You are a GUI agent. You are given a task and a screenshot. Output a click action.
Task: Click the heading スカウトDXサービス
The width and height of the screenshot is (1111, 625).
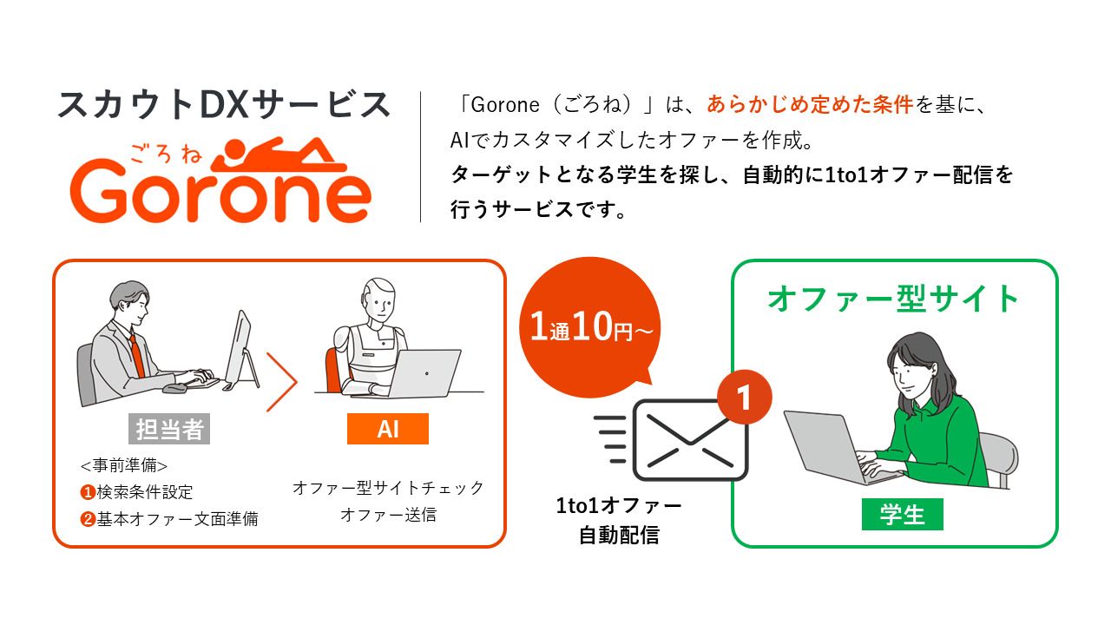point(224,105)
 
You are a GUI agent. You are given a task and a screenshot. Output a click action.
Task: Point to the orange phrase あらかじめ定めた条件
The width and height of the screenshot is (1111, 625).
point(810,105)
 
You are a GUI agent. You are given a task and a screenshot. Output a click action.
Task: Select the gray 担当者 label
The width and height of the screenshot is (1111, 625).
point(170,430)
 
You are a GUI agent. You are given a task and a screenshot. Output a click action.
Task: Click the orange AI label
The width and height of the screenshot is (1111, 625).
point(387,429)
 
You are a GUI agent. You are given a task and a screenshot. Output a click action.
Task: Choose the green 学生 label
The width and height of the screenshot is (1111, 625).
point(902,515)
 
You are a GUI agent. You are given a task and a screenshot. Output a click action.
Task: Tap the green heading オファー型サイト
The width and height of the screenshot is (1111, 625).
point(894,299)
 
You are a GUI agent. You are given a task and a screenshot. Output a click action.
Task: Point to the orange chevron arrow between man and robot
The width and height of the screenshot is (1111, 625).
point(282,381)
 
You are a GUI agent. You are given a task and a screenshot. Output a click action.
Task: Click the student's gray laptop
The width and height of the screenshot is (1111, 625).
point(825,445)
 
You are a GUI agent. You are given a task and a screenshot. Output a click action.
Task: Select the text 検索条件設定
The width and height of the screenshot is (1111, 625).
point(145,492)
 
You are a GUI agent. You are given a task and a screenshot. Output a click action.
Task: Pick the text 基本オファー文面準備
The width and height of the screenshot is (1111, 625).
point(177,519)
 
